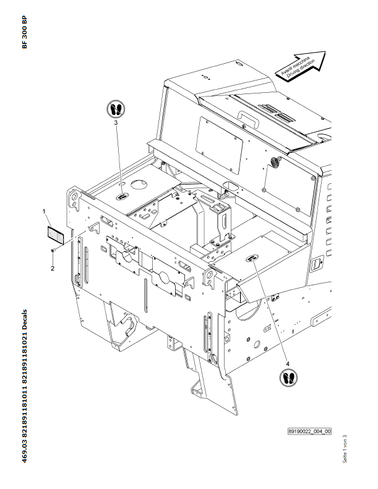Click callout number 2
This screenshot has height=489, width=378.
pos(53,268)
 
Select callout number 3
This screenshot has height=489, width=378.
pos(116,123)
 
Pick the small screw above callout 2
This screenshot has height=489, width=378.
pos(54,249)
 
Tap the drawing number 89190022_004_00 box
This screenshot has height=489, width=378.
pos(309,431)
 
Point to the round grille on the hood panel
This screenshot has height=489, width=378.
pos(274,164)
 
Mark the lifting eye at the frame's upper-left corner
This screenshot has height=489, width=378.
pos(74,199)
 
